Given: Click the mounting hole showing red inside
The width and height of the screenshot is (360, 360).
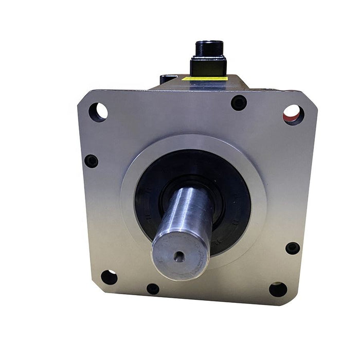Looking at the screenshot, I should pos(293,114).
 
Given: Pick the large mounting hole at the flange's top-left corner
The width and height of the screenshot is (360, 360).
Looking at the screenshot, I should pos(98,111).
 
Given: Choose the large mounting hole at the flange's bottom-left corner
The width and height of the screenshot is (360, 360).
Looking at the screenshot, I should pos(109,277).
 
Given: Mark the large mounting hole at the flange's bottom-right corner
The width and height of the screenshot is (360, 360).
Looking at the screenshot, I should pos(278,289).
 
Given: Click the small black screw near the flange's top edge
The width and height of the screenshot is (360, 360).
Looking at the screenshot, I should pos(239,103).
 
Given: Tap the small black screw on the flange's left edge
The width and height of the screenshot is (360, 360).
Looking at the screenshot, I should pos(91,161).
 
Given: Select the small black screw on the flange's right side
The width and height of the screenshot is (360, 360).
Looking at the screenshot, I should pos(292,248).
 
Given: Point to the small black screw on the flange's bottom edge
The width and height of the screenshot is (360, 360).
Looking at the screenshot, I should pos(153,289).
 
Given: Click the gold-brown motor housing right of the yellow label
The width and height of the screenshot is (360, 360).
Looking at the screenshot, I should pos(242,81).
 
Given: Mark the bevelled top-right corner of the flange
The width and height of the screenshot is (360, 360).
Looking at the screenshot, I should pos(309,98).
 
